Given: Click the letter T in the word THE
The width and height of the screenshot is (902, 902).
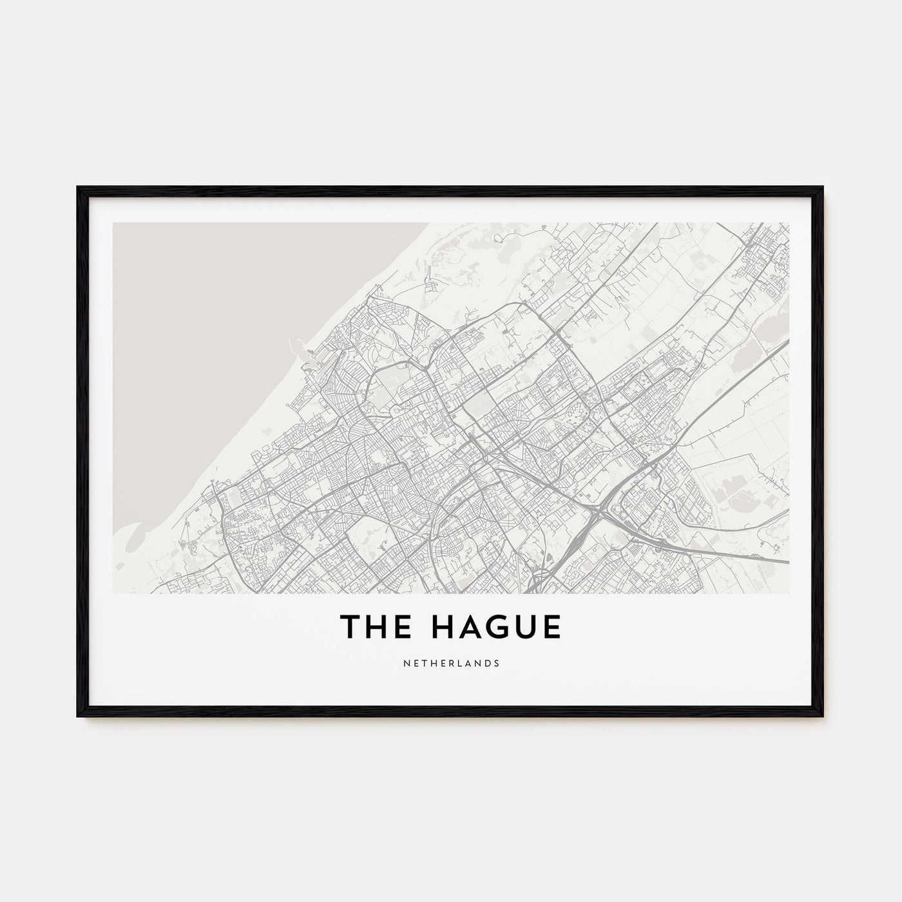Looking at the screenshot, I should pyautogui.click(x=351, y=628).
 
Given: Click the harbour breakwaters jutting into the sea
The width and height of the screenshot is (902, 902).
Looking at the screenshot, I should pyautogui.click(x=303, y=349).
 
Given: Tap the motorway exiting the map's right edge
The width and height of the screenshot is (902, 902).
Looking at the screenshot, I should pyautogui.click(x=780, y=561).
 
